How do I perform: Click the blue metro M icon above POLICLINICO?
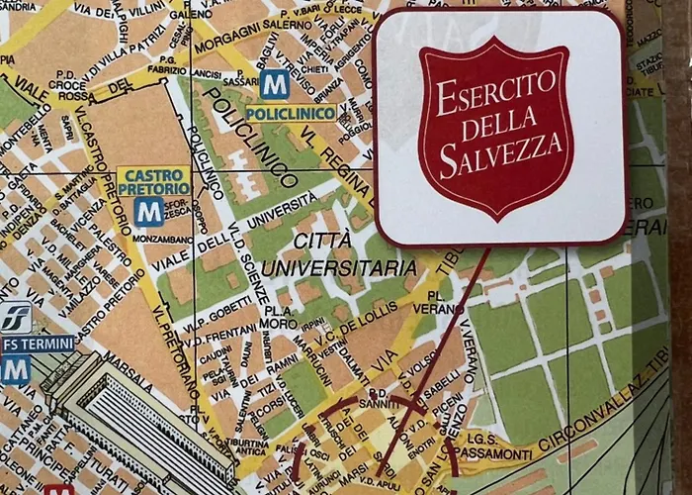tap(275, 85)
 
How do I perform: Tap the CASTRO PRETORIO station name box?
tap(153, 181)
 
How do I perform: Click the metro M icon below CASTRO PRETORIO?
tap(149, 211)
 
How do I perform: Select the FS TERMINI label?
tap(38, 344)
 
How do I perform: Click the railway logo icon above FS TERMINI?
tap(15, 317)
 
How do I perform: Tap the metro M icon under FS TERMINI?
tap(14, 369)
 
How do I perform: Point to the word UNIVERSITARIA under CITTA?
tap(340, 267)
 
